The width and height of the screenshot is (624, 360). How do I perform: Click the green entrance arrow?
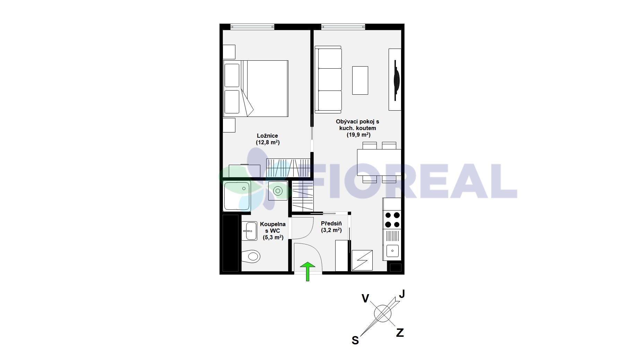307,272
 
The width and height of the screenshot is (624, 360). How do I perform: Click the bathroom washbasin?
249,231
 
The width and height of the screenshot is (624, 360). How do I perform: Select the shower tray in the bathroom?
237,196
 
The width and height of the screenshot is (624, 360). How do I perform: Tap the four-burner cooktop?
392,220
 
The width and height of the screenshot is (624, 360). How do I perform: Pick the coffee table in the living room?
360,80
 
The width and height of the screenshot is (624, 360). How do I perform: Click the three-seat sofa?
328,79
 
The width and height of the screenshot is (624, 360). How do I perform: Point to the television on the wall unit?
396,81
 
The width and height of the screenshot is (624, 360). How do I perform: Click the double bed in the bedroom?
256,88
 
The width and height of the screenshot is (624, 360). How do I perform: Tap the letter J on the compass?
401,294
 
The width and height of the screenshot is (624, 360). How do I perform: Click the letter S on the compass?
355,341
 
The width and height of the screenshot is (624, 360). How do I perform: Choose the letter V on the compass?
365,298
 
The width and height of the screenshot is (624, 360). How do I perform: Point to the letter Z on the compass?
400,333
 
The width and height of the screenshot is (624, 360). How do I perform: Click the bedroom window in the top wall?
252,26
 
